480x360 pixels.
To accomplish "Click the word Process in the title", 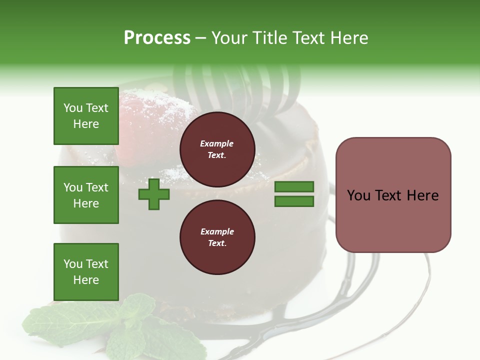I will tap(157, 38).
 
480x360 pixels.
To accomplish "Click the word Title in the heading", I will tap(269, 38).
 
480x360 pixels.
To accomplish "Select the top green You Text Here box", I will tap(86, 116).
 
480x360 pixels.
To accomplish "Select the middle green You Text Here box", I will tap(86, 195).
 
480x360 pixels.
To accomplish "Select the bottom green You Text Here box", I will tap(86, 272).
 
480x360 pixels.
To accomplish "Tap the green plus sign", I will tap(153, 194).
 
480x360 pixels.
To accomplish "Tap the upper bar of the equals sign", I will tap(294, 187).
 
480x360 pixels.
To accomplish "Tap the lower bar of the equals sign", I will tap(294, 201).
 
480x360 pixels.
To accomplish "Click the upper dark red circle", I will tap(217, 149).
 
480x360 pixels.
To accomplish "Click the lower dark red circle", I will tap(217, 237).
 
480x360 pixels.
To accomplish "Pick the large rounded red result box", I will tap(393, 195).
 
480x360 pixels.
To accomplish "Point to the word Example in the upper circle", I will tap(217, 143).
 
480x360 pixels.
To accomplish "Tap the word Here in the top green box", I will tap(86, 124).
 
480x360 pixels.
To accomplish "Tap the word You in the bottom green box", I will tap(73, 264).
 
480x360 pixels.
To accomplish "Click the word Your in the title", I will tap(229, 38).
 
